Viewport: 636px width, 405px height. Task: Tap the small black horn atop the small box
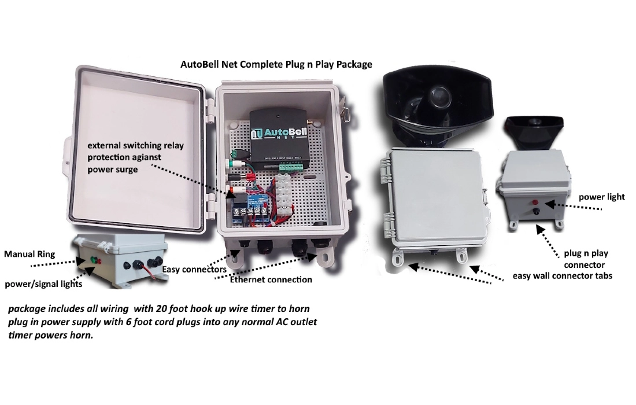(533, 132)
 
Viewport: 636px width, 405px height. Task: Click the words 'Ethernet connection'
(271, 280)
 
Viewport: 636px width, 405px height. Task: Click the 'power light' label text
(601, 197)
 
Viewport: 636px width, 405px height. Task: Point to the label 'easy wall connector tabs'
(562, 276)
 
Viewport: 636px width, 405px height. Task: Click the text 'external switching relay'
(136, 146)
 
